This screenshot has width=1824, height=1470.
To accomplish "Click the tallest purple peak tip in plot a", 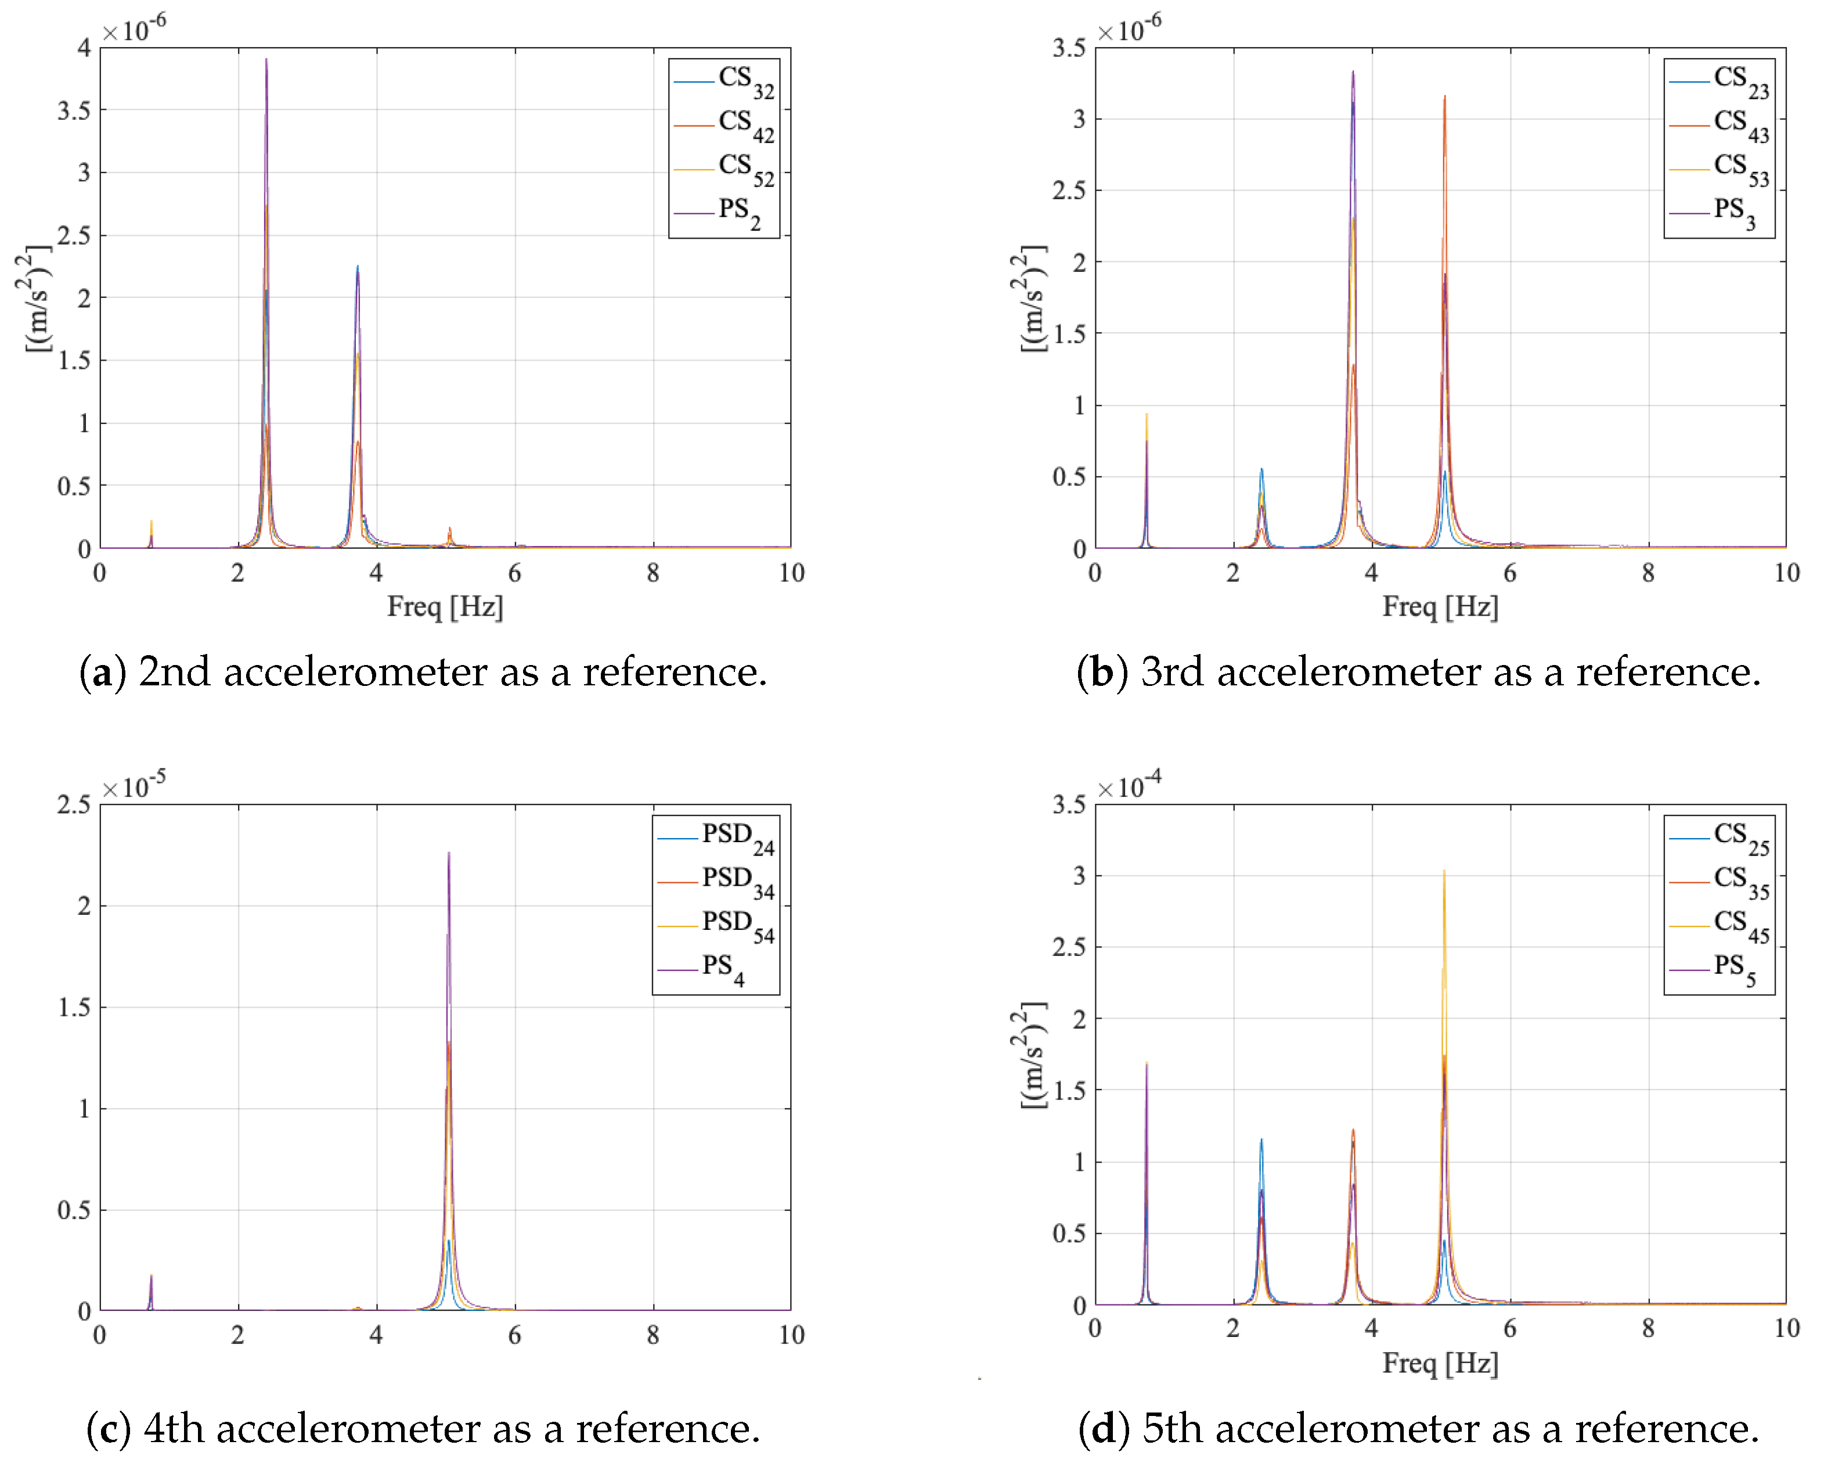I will pos(266,59).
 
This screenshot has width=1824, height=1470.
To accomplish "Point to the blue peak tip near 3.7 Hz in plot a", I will pos(357,267).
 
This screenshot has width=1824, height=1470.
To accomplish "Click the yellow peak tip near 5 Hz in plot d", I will pos(1444,871).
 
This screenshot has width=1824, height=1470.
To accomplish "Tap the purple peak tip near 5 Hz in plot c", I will pos(449,853).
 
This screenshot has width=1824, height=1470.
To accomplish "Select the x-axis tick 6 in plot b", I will pos(1510,573).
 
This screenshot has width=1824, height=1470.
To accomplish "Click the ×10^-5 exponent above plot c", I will pos(134,786).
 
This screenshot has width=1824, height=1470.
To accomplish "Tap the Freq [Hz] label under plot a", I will pos(445,607).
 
